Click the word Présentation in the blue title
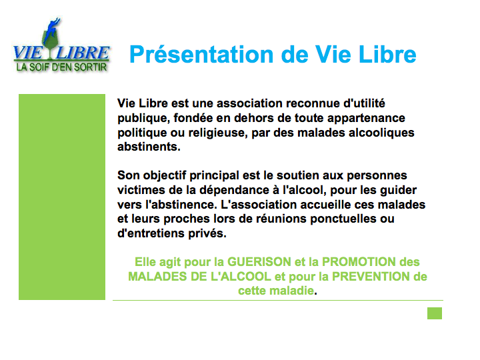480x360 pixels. (201, 55)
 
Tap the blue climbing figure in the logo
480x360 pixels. (51, 31)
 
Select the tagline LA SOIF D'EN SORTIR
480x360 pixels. (61, 67)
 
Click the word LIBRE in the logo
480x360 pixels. (83, 53)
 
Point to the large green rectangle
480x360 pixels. (62, 197)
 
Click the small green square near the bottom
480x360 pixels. (435, 313)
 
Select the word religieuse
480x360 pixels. (217, 133)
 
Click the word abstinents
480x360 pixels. (149, 147)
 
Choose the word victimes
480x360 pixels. (141, 190)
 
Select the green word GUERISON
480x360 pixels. (259, 262)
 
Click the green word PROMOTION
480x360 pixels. (359, 262)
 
